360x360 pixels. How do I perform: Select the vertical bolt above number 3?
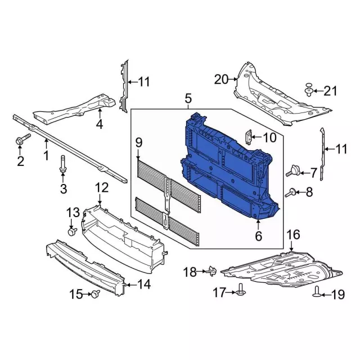[62, 164]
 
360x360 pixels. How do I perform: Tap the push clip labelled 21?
[309, 90]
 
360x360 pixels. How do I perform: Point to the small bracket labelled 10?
[249, 137]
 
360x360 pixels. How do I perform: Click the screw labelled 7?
[293, 171]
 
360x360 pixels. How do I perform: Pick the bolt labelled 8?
[291, 192]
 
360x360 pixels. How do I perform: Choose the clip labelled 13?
[73, 231]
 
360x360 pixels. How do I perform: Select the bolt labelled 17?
[241, 290]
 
